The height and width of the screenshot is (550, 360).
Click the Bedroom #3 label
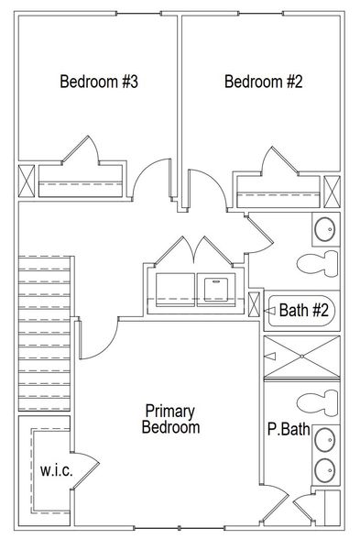pyautogui.click(x=98, y=82)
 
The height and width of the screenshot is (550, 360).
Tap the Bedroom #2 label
pyautogui.click(x=264, y=82)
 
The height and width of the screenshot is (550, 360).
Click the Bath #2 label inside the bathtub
pyautogui.click(x=303, y=311)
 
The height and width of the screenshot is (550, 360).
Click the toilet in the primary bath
pyautogui.click(x=315, y=402)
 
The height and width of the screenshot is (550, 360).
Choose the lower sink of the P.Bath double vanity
pyautogui.click(x=325, y=470)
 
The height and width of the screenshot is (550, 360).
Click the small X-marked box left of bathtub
pyautogui.click(x=254, y=303)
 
